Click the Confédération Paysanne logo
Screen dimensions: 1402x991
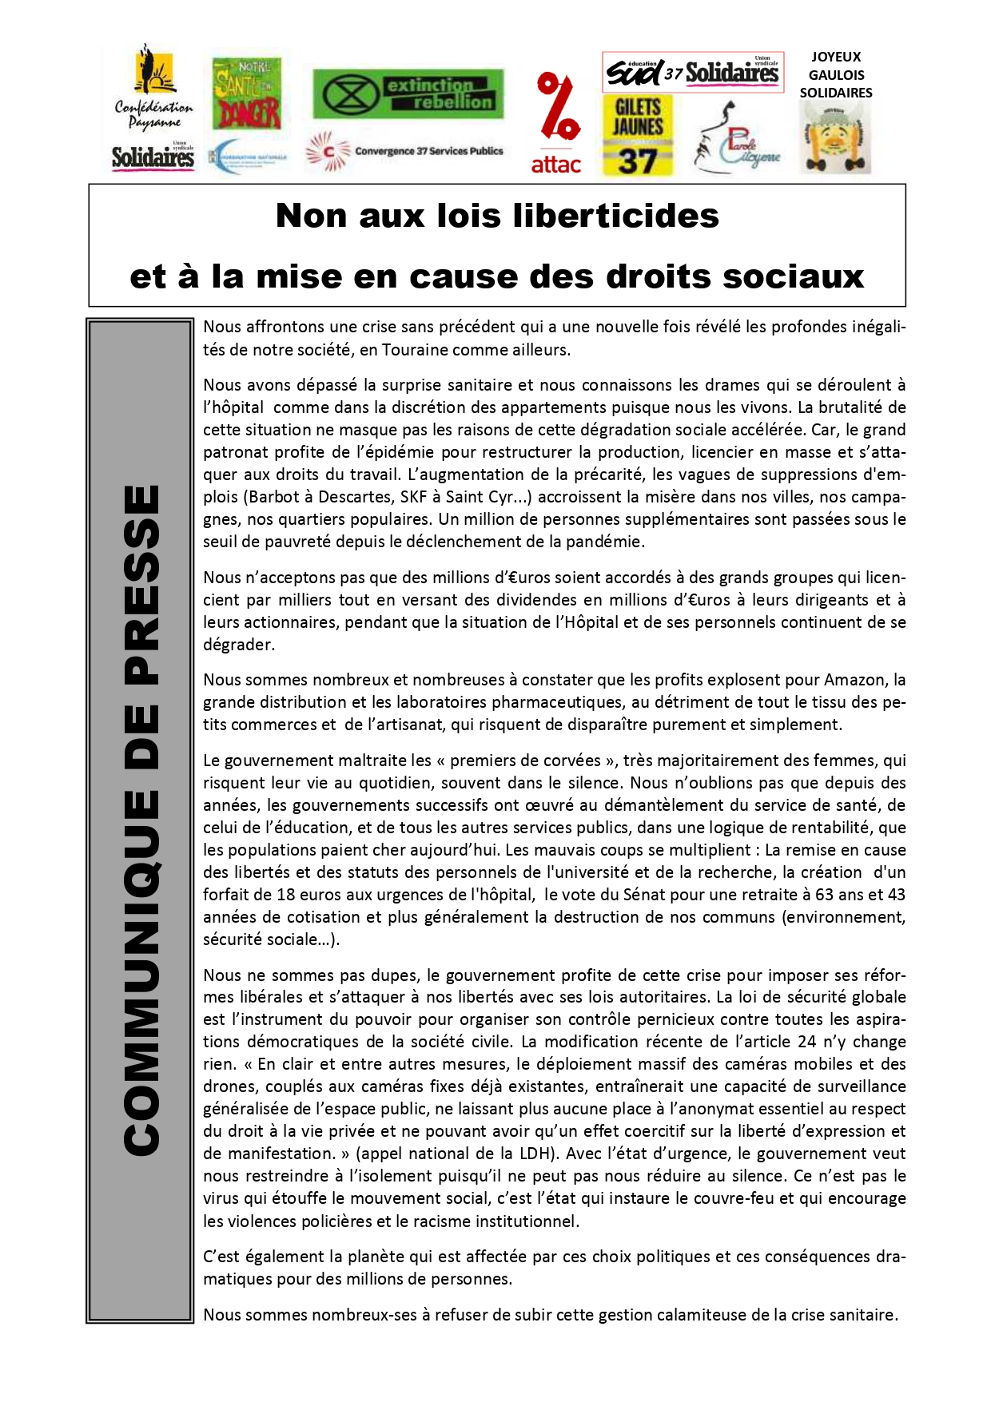pos(153,88)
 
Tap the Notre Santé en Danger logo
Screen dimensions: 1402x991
pos(246,93)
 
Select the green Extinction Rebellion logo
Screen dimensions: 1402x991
pos(408,93)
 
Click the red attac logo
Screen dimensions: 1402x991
pos(556,123)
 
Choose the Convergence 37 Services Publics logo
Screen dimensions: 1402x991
pos(404,151)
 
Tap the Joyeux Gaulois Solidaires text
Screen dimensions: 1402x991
pos(836,74)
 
